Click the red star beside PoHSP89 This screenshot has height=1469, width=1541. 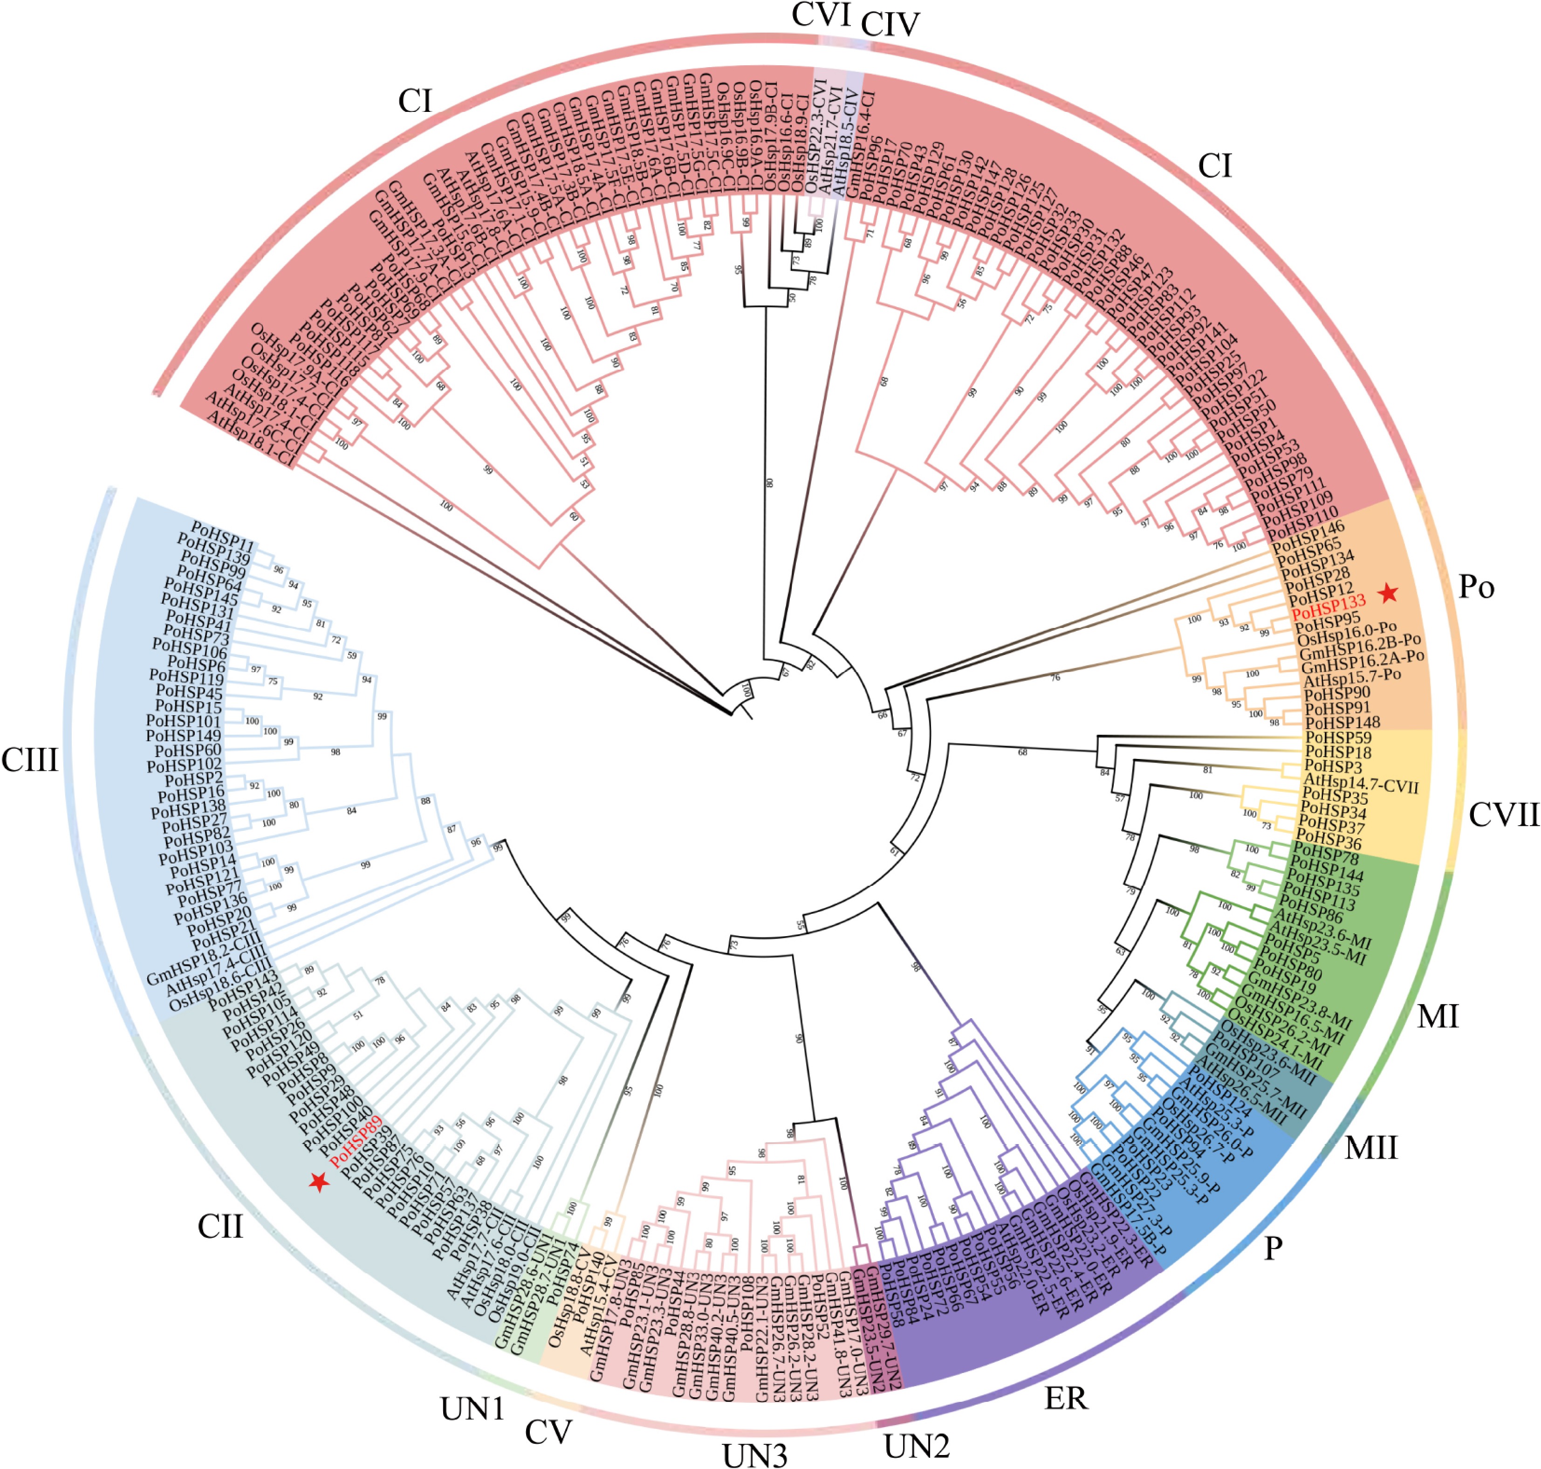tap(319, 1182)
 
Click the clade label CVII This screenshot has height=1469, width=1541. tap(1503, 815)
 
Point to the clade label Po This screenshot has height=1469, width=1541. tap(1476, 587)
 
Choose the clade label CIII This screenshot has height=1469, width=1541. tap(30, 759)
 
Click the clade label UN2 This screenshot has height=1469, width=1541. tap(917, 1446)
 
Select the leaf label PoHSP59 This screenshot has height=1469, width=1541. tap(1337, 738)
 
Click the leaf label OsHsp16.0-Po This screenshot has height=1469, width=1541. tap(1346, 634)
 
